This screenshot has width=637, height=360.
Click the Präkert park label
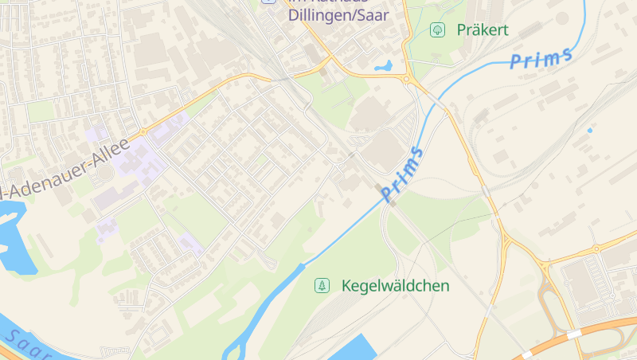point(482,30)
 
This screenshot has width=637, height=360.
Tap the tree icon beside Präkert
point(436,30)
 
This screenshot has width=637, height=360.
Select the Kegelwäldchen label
point(395,285)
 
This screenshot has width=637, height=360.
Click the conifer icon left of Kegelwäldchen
point(322,285)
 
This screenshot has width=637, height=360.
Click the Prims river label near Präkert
point(541,57)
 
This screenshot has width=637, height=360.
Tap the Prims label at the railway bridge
point(401,174)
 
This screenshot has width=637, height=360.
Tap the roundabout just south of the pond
point(408,79)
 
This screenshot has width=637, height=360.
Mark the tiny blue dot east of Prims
point(589,129)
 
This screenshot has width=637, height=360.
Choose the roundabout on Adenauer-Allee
point(143,131)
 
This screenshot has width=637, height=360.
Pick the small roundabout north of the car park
point(596,249)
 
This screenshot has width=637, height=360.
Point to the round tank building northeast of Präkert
point(562,18)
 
